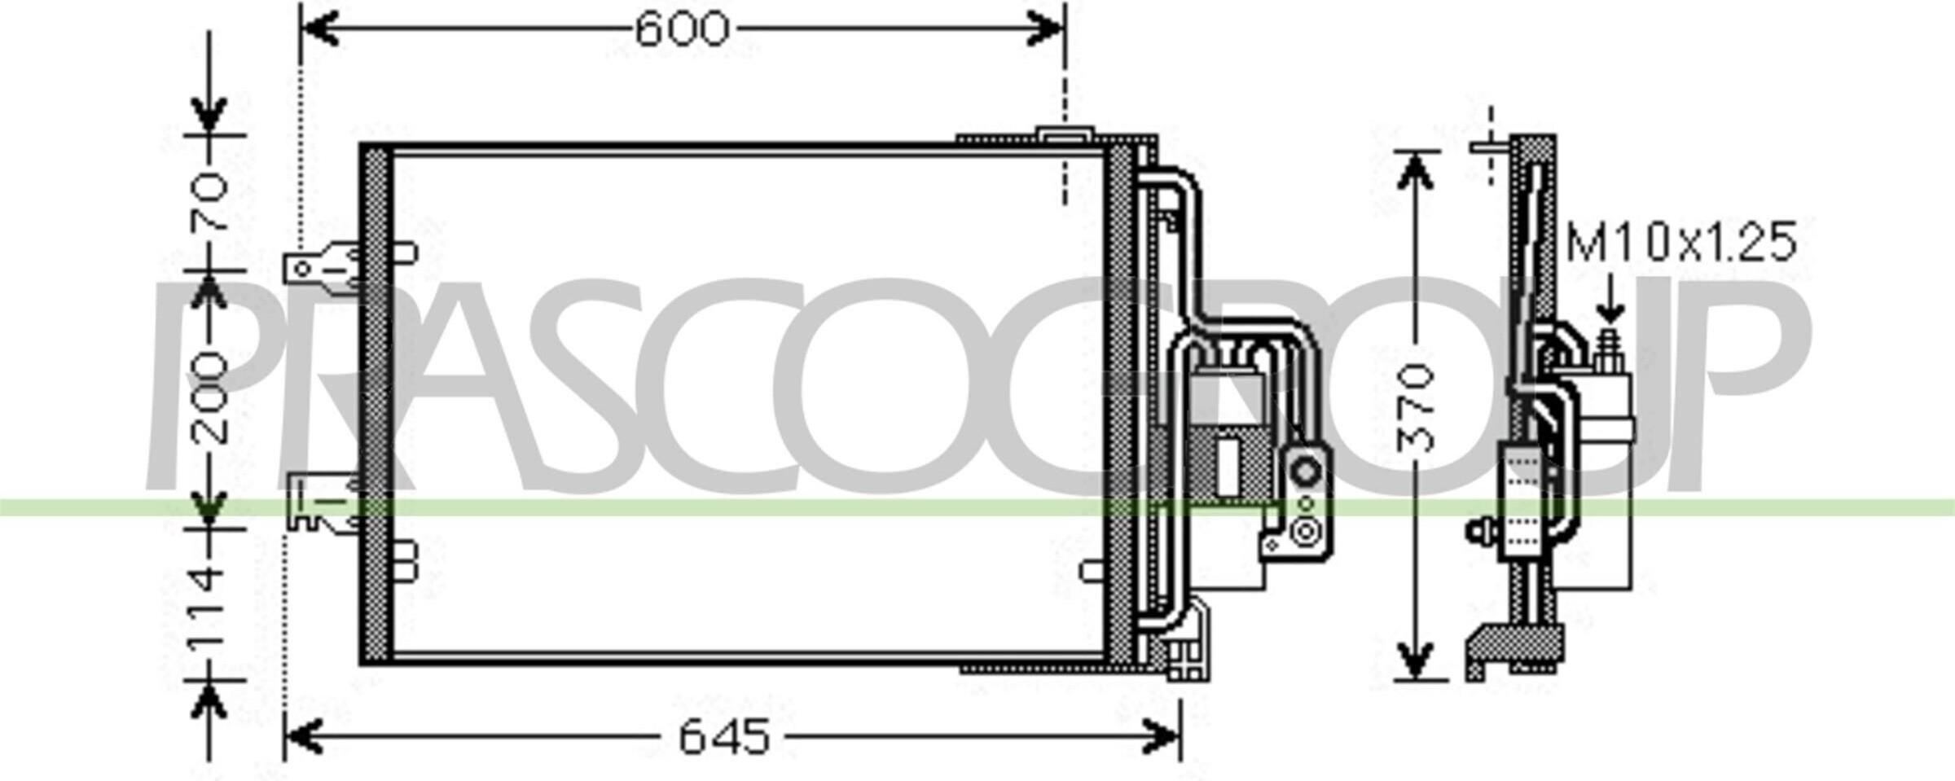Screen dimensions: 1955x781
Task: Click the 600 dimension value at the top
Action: (683, 30)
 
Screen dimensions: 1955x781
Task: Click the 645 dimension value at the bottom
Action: (724, 737)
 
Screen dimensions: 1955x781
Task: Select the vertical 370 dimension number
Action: (1416, 408)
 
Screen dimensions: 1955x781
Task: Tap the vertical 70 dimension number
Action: (209, 201)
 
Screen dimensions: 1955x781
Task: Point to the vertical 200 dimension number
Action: (209, 397)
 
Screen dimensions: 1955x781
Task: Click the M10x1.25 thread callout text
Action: (1681, 242)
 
